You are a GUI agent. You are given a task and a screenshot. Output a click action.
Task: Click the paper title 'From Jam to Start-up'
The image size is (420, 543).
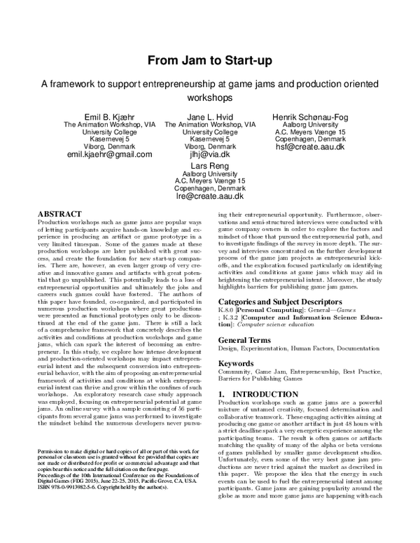(209, 61)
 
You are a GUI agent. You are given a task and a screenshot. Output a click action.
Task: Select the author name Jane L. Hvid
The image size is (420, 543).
(210, 115)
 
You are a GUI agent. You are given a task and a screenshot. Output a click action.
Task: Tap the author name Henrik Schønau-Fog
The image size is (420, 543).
(310, 115)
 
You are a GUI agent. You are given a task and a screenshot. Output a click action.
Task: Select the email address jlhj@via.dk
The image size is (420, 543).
(210, 153)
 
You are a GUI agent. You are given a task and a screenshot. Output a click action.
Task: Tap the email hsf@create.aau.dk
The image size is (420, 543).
(310, 146)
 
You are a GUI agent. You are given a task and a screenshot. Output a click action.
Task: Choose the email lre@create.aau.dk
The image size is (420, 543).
(210, 197)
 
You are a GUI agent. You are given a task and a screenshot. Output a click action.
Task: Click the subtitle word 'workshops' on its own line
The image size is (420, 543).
(209, 97)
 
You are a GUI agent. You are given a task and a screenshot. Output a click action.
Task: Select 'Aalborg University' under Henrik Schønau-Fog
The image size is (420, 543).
(310, 124)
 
